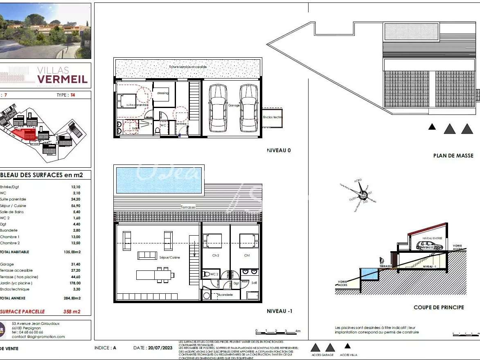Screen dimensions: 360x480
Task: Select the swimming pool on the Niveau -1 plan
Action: [159, 180]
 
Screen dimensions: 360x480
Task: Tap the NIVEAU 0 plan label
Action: [279, 151]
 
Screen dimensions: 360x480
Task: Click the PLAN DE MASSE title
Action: [453, 156]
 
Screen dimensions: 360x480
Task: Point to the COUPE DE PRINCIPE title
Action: [439, 308]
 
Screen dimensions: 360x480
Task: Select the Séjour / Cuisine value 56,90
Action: [76, 206]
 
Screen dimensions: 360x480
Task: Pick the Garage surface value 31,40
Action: [76, 264]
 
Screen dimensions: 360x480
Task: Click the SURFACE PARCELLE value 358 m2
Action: [72, 312]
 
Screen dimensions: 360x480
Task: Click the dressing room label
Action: [162, 93]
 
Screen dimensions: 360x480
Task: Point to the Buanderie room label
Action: [225, 295]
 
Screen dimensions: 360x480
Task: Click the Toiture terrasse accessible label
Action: [188, 67]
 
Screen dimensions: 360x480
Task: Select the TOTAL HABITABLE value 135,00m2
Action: [72, 252]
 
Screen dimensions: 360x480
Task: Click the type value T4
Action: [73, 95]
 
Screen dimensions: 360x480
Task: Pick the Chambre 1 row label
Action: [10, 237]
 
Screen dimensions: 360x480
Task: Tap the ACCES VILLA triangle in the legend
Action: [348, 346]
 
